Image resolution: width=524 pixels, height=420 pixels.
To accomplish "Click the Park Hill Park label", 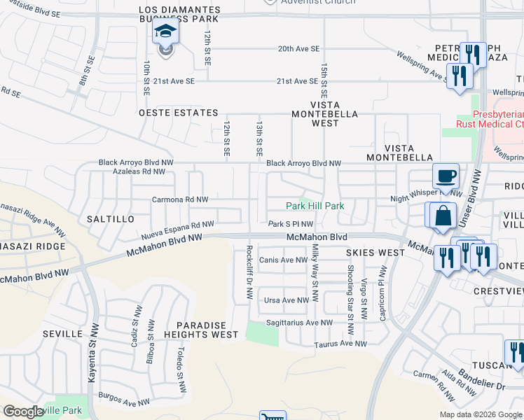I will [x=315, y=206].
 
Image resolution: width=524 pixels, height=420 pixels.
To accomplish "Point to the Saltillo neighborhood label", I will [x=110, y=219].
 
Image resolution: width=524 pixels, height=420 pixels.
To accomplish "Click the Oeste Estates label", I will [x=179, y=113].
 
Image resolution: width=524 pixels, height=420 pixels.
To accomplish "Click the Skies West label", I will [x=375, y=252].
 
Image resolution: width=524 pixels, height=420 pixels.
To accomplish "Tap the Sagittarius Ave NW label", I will [x=298, y=323].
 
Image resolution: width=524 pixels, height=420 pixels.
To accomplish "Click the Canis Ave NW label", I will [x=283, y=260].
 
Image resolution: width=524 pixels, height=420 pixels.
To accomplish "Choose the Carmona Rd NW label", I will [x=180, y=199].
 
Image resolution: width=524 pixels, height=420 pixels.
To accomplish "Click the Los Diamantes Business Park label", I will [x=180, y=15].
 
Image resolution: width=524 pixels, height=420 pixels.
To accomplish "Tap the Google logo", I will [x=23, y=412].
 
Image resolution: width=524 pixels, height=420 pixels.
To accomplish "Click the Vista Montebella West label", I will [x=324, y=118].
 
